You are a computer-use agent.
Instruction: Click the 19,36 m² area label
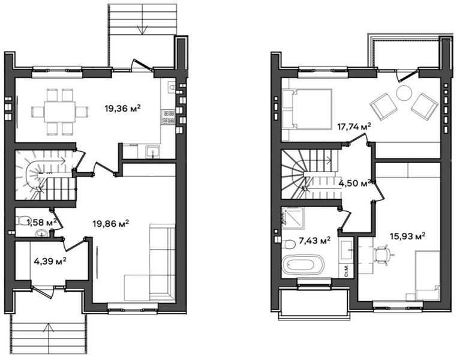(x=123, y=109)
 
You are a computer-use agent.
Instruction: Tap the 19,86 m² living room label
(x=111, y=224)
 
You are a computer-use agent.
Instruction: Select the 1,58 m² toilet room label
(x=41, y=223)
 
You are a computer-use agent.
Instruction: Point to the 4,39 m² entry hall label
(x=50, y=261)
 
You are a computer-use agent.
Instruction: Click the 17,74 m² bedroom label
(x=354, y=127)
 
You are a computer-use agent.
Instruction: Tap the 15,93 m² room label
(x=407, y=236)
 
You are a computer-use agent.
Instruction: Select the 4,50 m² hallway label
(x=354, y=184)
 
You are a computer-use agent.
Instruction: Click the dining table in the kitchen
(x=60, y=112)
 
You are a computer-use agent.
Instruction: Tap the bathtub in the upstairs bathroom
(x=303, y=265)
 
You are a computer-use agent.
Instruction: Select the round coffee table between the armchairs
(x=404, y=93)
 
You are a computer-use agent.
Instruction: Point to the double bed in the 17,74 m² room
(x=306, y=109)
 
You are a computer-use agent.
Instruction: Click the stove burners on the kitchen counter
(x=169, y=117)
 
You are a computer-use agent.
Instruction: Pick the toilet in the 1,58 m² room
(x=21, y=221)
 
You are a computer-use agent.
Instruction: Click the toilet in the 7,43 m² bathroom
(x=289, y=244)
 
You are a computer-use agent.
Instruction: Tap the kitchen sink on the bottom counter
(x=153, y=152)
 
